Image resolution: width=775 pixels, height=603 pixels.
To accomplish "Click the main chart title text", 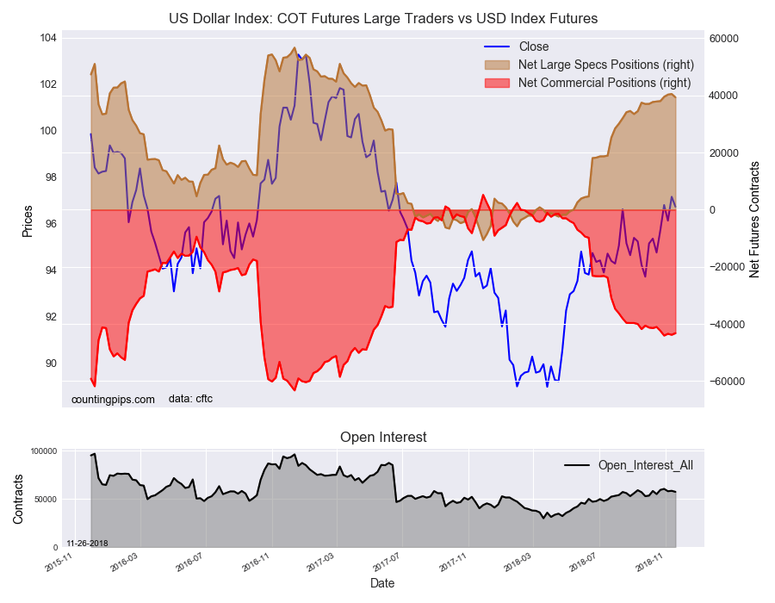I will click(382, 18).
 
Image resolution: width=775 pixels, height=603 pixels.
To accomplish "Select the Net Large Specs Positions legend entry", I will click(606, 65).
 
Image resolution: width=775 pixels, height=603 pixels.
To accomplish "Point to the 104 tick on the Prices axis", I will click(47, 38).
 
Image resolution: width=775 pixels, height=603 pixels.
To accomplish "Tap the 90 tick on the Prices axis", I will click(50, 363).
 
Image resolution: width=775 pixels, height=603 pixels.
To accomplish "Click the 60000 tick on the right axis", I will click(725, 39).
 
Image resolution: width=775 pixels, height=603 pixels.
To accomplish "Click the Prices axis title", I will click(28, 221).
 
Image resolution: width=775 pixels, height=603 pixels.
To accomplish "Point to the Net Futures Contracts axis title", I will click(754, 219).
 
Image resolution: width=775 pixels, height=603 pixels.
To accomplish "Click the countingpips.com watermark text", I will click(113, 399).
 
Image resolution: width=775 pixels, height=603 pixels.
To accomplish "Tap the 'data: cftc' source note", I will click(190, 399).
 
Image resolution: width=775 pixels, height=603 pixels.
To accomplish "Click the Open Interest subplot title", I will click(383, 438).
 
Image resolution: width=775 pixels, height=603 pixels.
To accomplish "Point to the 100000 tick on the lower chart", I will click(43, 451).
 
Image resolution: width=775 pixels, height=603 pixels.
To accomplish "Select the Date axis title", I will click(383, 583).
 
